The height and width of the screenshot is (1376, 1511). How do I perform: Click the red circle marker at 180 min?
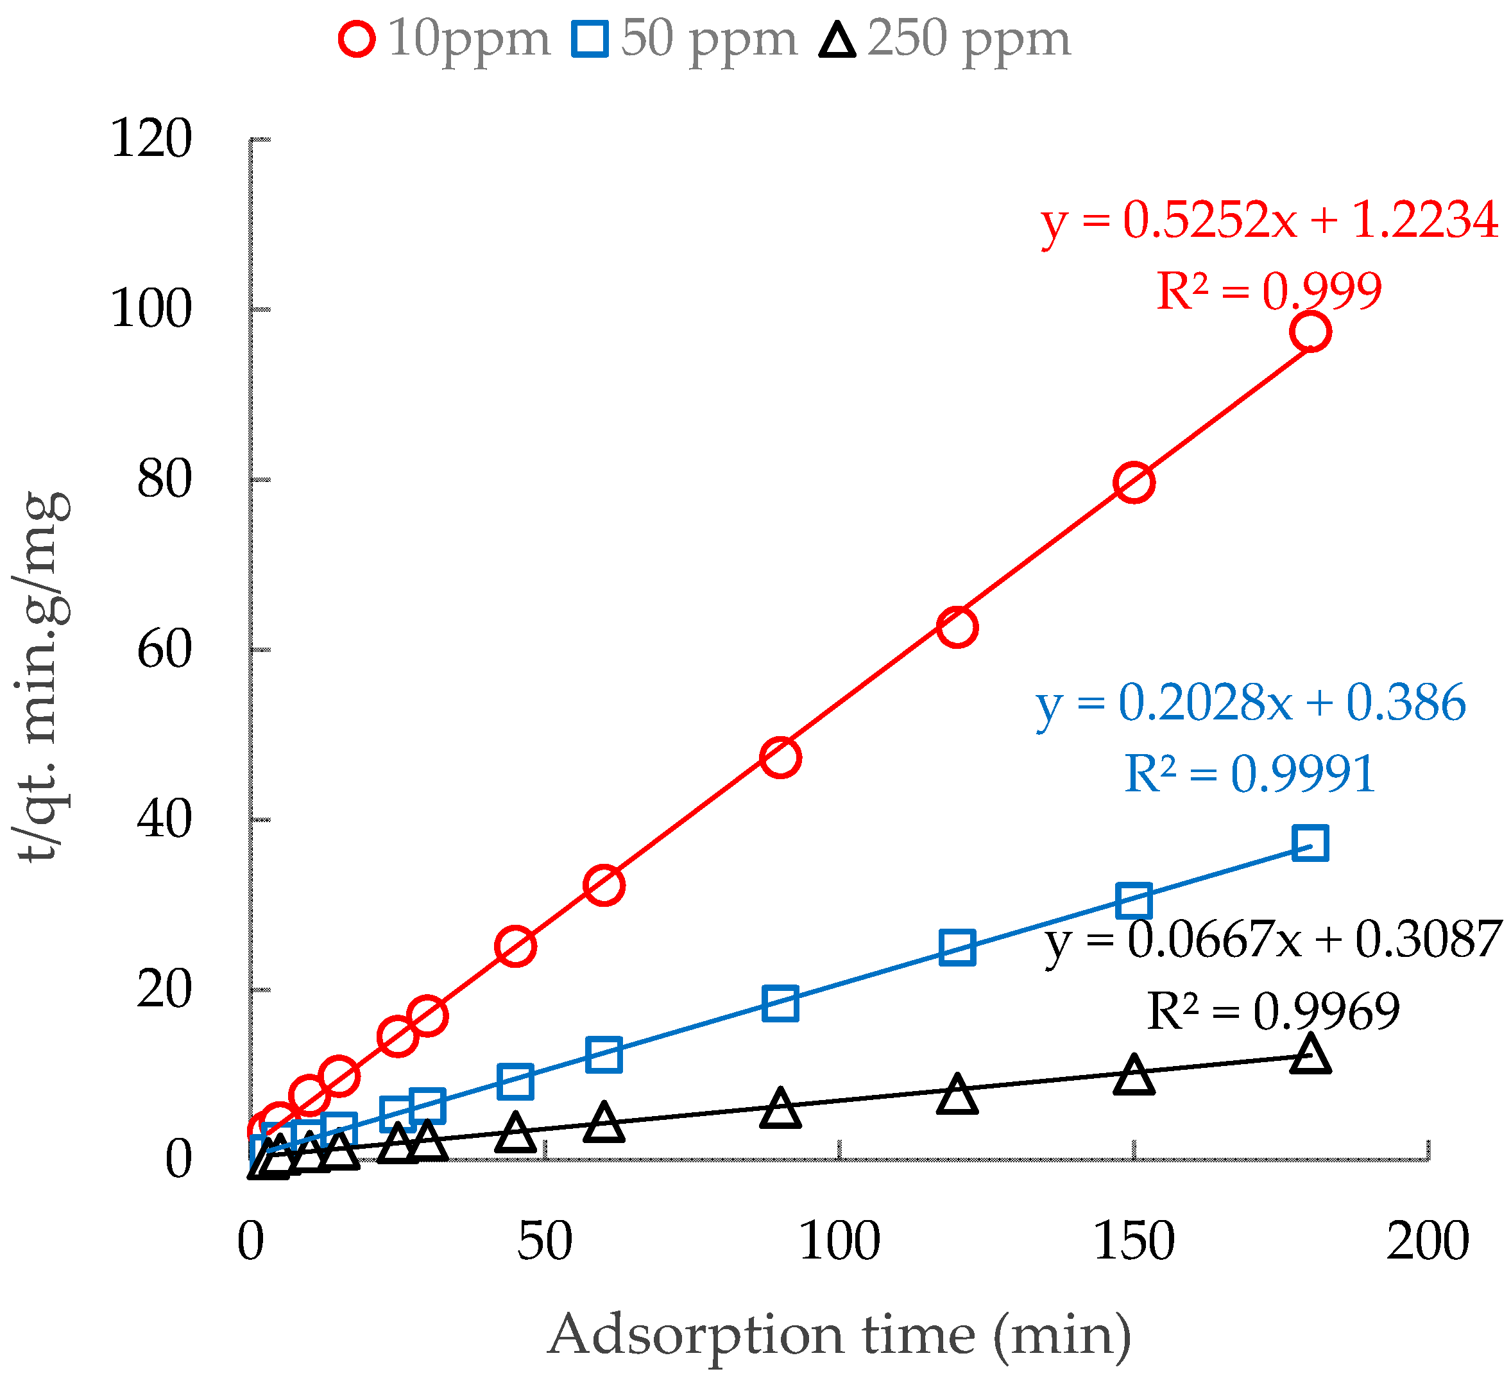click(1310, 331)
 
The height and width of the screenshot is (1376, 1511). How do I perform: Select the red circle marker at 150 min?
click(1133, 482)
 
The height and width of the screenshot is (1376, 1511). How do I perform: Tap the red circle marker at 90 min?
click(780, 757)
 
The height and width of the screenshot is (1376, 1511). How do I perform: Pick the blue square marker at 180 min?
click(1310, 843)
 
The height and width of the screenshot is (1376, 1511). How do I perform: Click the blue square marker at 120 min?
click(957, 948)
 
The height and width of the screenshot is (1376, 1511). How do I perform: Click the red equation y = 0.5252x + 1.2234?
click(1269, 221)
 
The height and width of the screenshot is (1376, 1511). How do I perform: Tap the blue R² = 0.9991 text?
click(1249, 774)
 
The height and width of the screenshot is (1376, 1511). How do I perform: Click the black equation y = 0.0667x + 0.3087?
click(1273, 940)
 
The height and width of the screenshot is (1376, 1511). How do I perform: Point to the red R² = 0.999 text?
click(1268, 292)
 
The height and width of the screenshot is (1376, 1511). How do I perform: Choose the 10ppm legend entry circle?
click(357, 39)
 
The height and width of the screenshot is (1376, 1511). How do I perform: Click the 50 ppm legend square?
click(589, 39)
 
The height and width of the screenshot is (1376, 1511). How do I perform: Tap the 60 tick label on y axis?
click(164, 649)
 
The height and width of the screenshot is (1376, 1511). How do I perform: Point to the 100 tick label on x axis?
click(839, 1241)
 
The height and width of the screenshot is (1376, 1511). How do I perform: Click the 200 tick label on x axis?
click(1427, 1241)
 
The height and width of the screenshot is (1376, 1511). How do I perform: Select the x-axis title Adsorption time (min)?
click(839, 1336)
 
